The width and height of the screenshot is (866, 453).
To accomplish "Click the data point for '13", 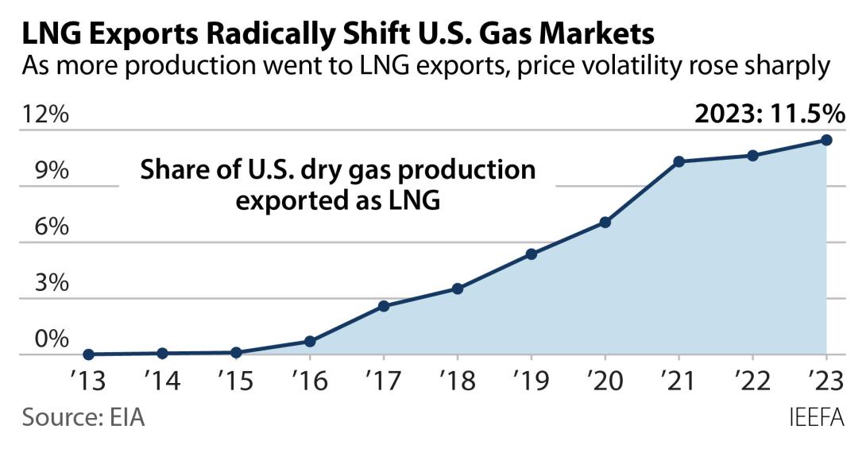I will pyautogui.click(x=88, y=354).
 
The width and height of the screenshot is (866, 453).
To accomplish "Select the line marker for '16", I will pyautogui.click(x=310, y=342).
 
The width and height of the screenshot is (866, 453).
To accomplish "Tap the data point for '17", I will pyautogui.click(x=384, y=306).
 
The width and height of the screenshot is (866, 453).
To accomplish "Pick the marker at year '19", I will pyautogui.click(x=532, y=254).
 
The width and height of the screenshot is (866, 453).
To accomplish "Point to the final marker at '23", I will pyautogui.click(x=827, y=140).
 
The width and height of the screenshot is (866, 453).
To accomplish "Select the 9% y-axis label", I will pyautogui.click(x=43, y=171).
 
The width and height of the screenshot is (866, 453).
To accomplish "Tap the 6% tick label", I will pyautogui.click(x=43, y=227).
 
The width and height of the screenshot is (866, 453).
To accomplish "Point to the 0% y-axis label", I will pyautogui.click(x=43, y=340).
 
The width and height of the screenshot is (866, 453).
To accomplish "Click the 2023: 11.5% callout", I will pyautogui.click(x=769, y=114).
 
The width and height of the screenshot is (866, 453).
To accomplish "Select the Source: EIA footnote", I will pyautogui.click(x=83, y=416).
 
